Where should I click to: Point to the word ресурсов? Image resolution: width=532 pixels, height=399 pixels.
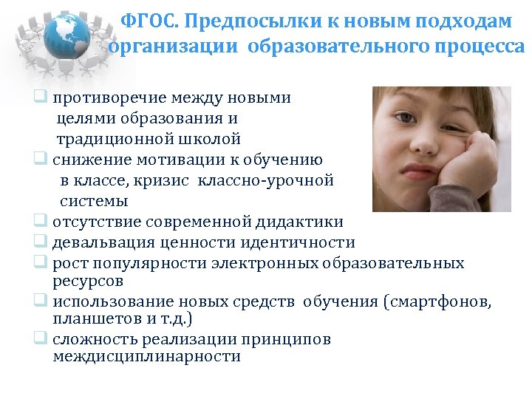(x=88, y=281)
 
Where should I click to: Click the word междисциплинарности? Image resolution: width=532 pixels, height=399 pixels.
(x=147, y=356)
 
